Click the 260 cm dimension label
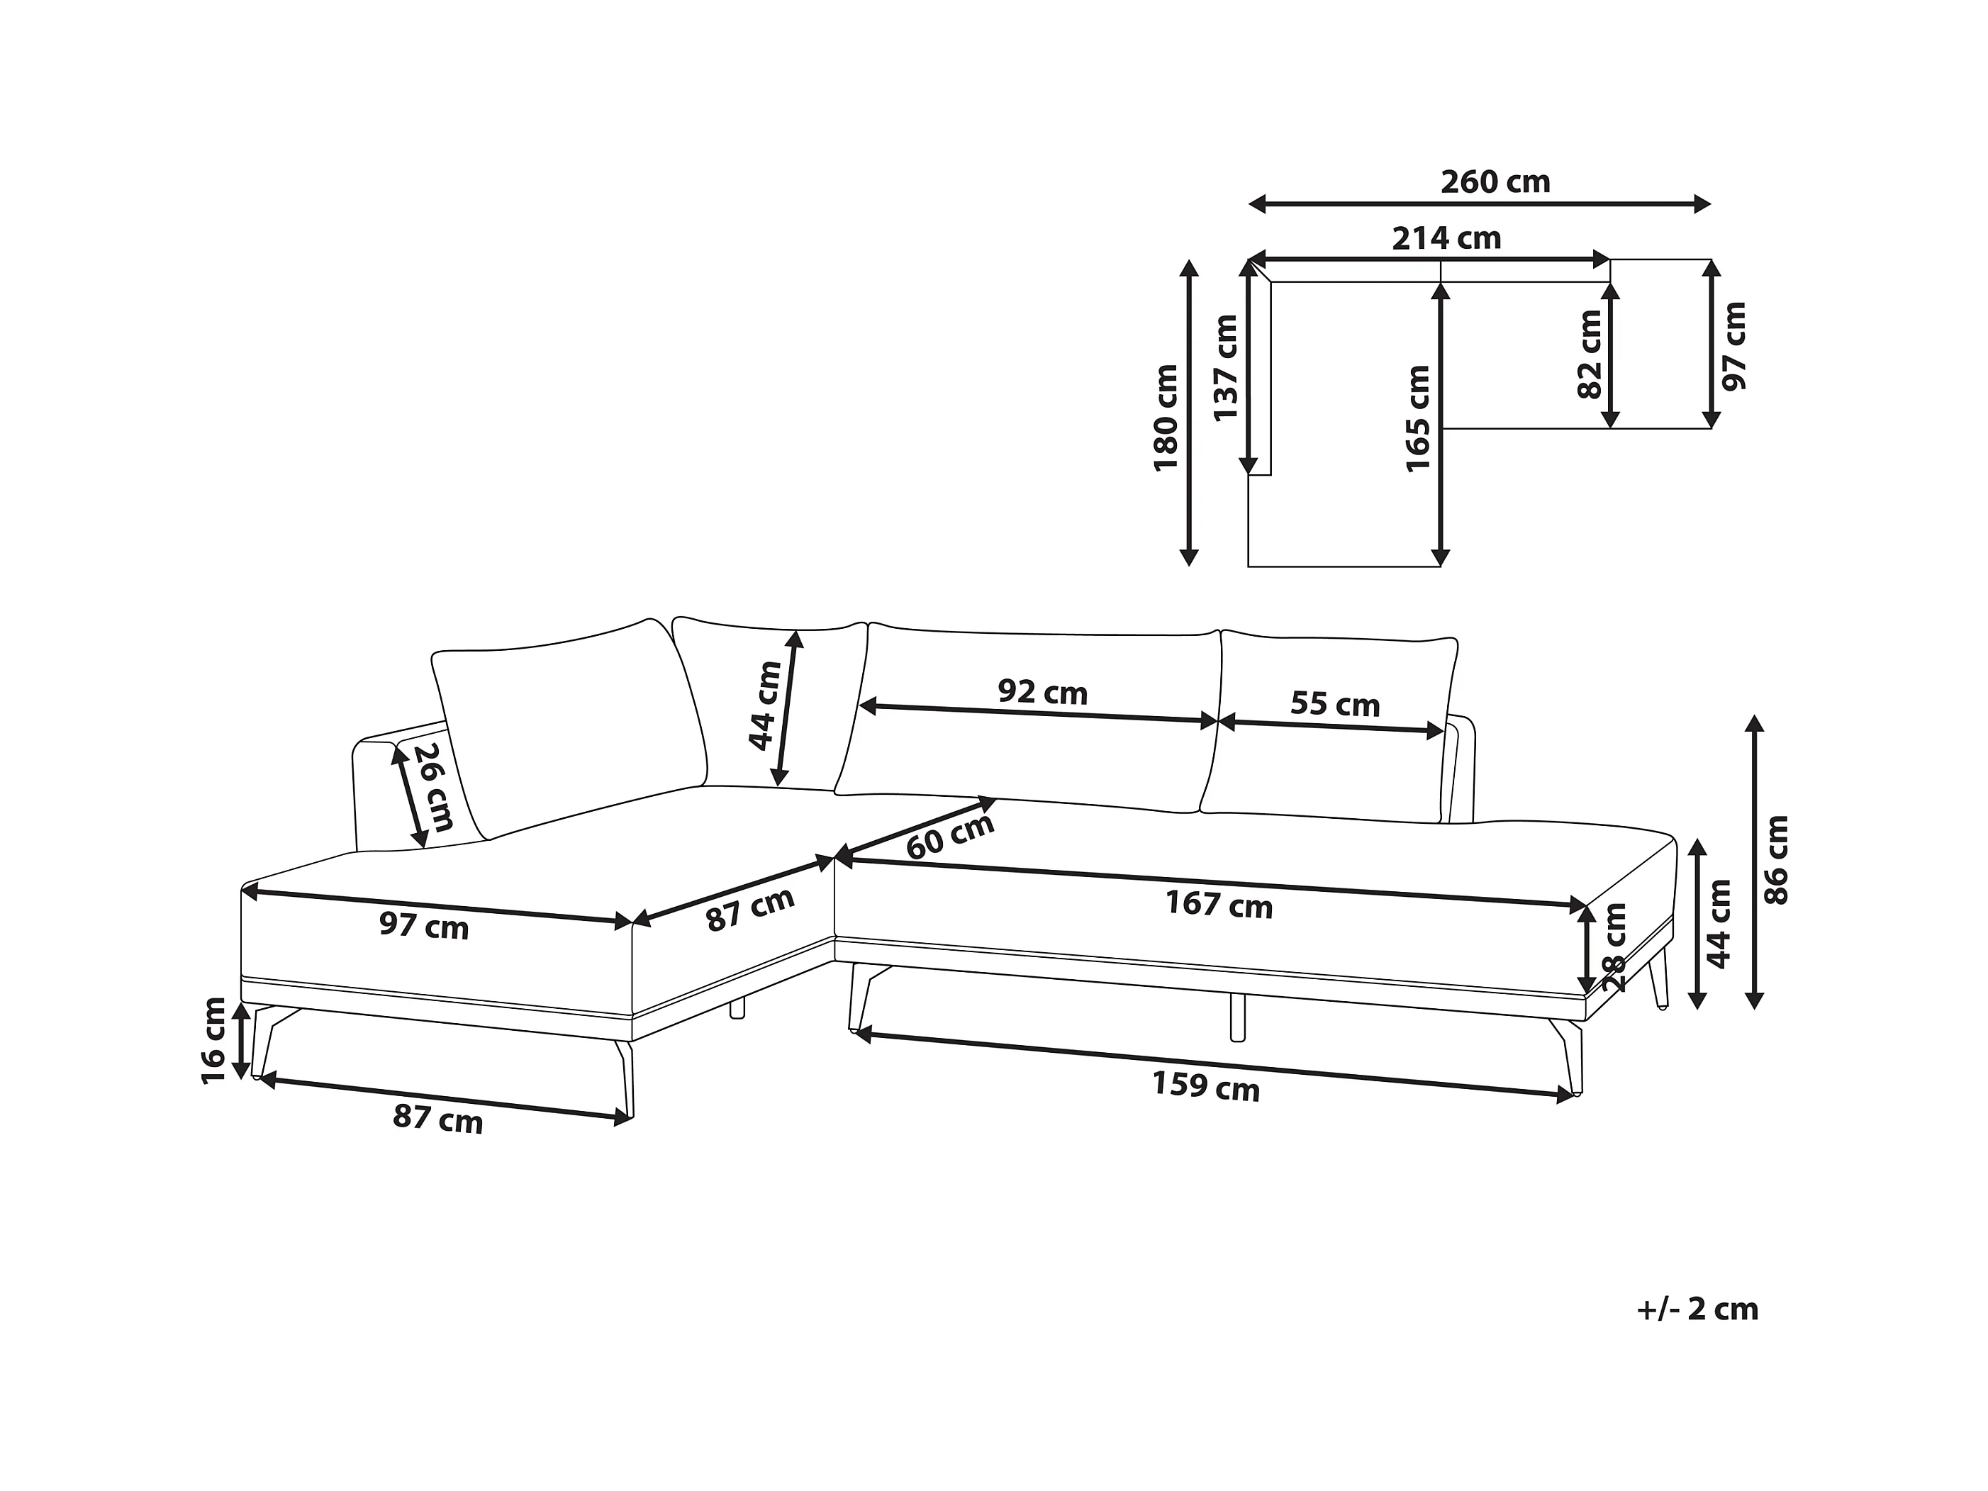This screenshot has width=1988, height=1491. tap(1495, 182)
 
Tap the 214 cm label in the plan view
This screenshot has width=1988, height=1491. tap(1447, 238)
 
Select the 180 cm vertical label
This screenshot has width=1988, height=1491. tap(1166, 417)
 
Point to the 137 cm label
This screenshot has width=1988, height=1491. tap(1226, 367)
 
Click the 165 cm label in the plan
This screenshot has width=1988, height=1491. tap(1417, 418)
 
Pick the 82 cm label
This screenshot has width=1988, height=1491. tap(1590, 354)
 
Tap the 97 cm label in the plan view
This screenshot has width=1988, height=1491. tap(1733, 346)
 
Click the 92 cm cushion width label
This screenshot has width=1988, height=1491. tap(1042, 692)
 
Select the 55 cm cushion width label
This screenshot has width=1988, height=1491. tap(1334, 704)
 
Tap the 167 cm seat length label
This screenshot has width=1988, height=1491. tap(1219, 904)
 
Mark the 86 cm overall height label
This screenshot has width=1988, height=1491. tap(1777, 860)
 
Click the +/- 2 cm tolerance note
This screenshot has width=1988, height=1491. tap(1697, 1309)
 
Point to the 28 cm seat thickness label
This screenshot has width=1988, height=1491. tap(1614, 946)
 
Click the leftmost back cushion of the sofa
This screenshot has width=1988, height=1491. tap(569, 728)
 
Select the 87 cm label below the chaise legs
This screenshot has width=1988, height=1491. tap(437, 1119)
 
